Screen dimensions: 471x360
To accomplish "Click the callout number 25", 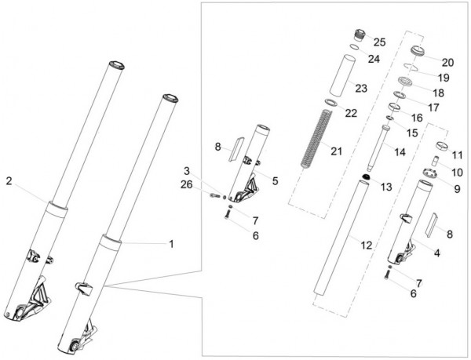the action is point(379,42).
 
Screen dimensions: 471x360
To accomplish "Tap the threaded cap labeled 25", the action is point(360,35).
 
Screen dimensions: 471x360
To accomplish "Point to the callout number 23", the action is point(361,89).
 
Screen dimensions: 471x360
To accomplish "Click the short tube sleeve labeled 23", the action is point(343,75).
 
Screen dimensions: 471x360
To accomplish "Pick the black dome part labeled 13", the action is point(366,177).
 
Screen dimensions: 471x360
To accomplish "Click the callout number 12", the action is point(366,245).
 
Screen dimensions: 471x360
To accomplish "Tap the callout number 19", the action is point(444,78).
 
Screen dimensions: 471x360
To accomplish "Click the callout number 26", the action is point(186,184).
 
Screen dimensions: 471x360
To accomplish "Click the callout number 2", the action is point(9,181).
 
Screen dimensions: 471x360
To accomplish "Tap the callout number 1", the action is point(171,244).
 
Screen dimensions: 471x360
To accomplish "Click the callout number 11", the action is point(457,155).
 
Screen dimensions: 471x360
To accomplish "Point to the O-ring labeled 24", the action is point(355,47).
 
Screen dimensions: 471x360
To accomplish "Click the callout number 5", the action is point(276,180).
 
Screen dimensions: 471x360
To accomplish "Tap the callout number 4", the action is point(437,253).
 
